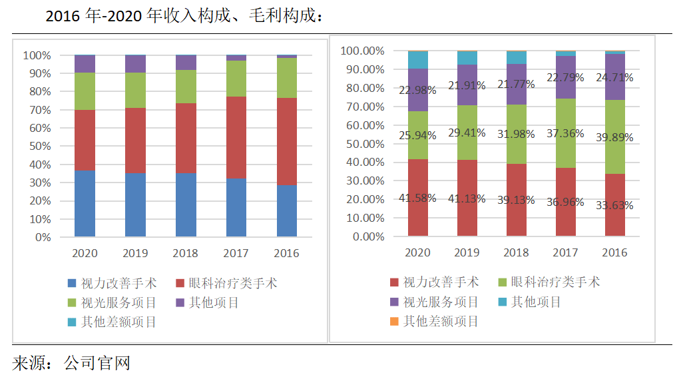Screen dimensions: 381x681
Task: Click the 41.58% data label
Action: pos(417,198)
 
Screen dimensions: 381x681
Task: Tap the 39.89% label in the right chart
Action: pos(614,137)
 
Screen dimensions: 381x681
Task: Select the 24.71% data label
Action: pos(614,77)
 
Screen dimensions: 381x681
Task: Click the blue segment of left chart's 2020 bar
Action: pos(85,203)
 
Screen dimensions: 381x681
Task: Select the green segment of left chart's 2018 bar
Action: pos(186,87)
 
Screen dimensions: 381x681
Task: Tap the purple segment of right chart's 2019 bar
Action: pos(467,85)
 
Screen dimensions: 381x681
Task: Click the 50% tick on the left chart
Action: pos(37,146)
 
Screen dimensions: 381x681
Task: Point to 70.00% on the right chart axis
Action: pos(365,107)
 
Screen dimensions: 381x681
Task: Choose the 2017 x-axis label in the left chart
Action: pos(236,253)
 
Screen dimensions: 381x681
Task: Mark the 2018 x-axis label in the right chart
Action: pos(516,253)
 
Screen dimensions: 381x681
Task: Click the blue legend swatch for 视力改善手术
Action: pos(71,284)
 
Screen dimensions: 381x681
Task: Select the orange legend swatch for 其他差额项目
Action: pos(393,321)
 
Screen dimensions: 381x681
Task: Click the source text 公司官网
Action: pos(97,363)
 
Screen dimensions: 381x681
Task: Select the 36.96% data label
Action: pos(565,199)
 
